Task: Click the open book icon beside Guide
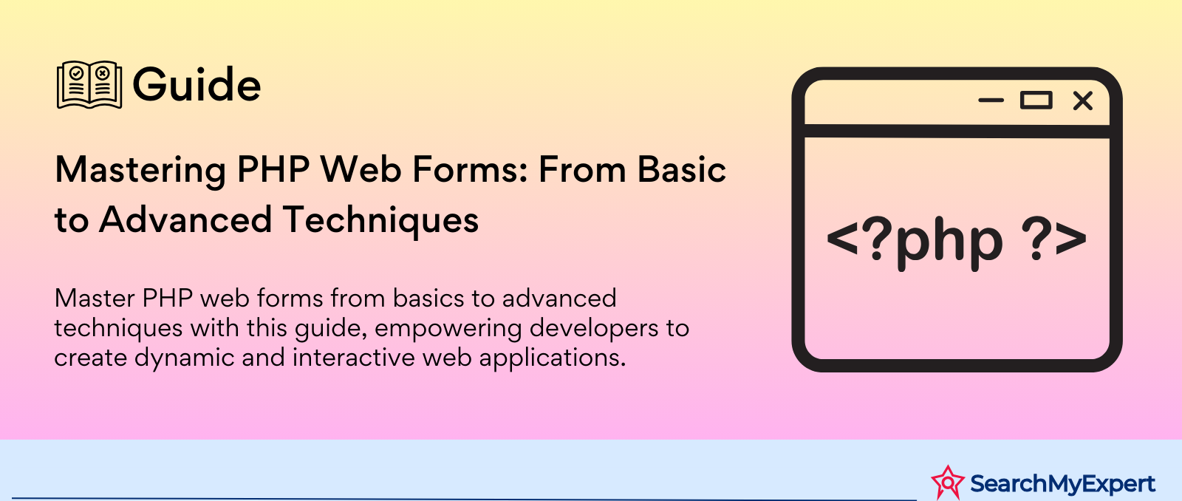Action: tap(89, 85)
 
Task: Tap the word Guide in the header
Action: tap(197, 84)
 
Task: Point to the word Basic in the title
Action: tap(682, 169)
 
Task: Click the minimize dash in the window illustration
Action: tap(991, 100)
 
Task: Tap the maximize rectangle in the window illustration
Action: tap(1036, 100)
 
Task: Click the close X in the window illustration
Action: tap(1083, 100)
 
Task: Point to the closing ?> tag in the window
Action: tap(1054, 239)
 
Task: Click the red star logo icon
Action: tap(948, 482)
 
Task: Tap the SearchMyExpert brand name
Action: tap(1062, 483)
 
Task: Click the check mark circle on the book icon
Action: tap(77, 73)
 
